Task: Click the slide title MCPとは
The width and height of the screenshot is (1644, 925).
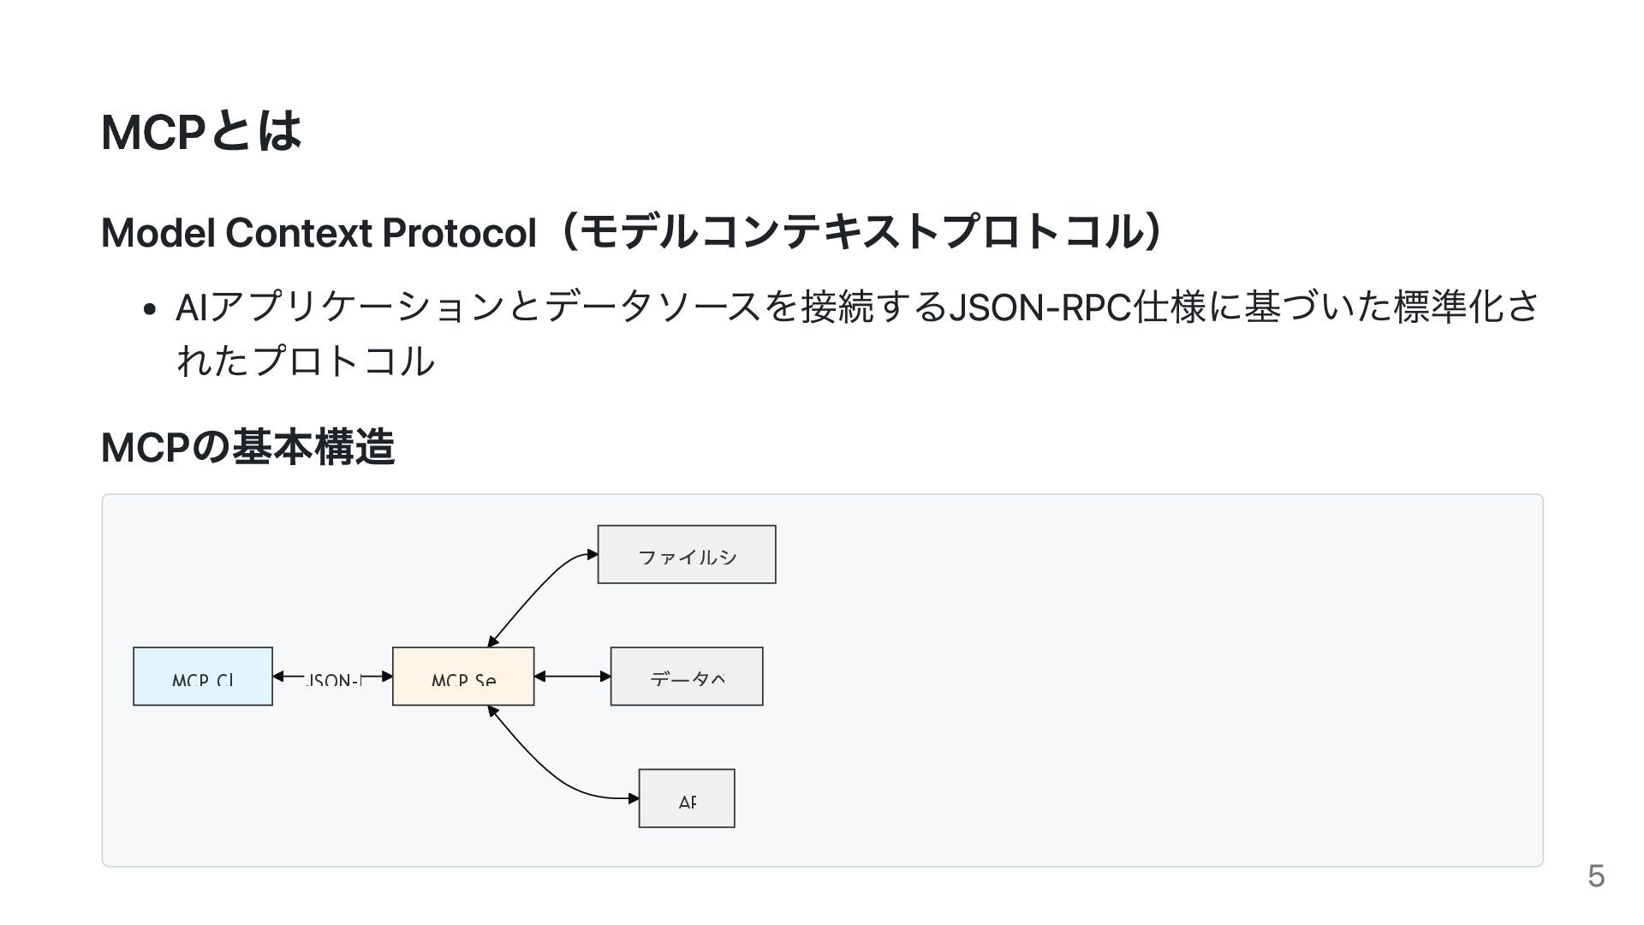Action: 201,131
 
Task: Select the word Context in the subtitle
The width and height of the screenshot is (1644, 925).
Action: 297,232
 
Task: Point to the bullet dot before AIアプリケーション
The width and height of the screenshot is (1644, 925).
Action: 150,310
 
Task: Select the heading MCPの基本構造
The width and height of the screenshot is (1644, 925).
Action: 247,446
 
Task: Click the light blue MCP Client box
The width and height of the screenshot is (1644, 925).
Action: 203,677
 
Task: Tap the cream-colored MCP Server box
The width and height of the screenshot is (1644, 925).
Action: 463,677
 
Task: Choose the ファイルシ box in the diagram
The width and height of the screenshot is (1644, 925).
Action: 687,555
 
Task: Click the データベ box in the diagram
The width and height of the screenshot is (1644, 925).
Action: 687,677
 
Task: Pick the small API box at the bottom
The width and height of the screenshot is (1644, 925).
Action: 687,798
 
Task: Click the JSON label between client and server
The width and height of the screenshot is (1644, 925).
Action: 333,681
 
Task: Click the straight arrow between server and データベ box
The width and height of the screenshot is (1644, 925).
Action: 572,677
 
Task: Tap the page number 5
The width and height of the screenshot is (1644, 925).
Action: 1595,876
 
